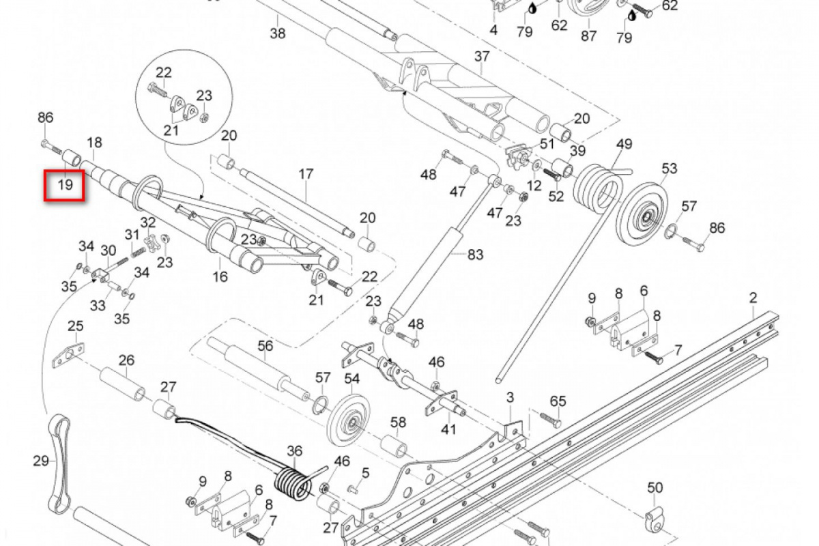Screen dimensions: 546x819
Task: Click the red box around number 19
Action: (63, 184)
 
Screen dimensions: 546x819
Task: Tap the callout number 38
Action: (278, 33)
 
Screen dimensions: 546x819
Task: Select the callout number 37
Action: (482, 56)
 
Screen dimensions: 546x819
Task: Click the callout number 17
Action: (306, 174)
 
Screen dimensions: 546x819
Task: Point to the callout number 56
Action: (265, 346)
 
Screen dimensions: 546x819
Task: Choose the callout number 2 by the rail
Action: (753, 298)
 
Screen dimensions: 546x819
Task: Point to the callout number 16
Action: (220, 276)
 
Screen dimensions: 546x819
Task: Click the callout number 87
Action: (589, 35)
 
